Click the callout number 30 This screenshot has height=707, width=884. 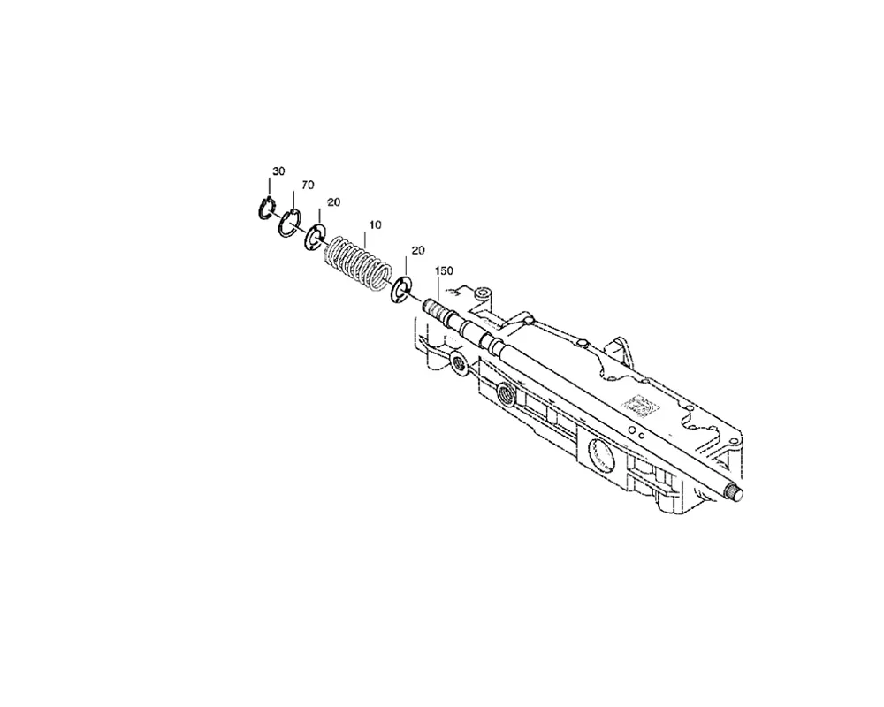point(278,171)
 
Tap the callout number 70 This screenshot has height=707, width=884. point(308,185)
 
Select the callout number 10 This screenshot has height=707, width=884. point(375,224)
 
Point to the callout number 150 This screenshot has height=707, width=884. point(444,270)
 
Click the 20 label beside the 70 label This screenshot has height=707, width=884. point(334,201)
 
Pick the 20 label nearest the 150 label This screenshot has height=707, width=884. point(418,250)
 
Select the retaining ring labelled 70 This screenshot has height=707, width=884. point(289,224)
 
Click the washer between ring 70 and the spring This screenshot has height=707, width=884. point(316,238)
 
